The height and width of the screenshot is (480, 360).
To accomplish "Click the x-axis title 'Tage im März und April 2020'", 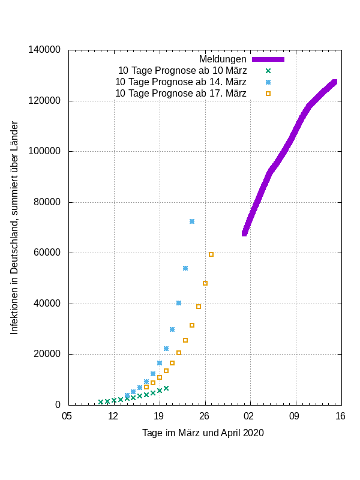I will (x=203, y=433).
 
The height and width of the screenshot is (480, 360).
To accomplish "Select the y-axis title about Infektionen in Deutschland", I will (x=14, y=227).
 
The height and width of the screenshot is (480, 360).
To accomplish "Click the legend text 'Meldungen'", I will (x=223, y=59).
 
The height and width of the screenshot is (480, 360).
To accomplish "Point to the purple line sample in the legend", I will (x=268, y=59).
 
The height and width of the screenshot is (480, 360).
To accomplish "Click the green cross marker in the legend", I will (x=268, y=71).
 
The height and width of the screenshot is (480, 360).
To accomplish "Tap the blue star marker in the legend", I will (x=268, y=82).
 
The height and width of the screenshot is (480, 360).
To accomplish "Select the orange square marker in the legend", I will (x=268, y=94).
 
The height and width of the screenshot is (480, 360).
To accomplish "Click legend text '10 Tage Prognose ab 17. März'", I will (x=181, y=94).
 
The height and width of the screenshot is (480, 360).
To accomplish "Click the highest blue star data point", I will (x=192, y=221).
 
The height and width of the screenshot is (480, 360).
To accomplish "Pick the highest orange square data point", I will (x=211, y=254).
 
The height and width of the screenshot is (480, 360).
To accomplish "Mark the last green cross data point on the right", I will (x=166, y=388).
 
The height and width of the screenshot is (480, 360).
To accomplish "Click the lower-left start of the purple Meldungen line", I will (x=245, y=233).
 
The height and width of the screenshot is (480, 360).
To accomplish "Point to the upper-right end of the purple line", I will (x=334, y=82).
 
